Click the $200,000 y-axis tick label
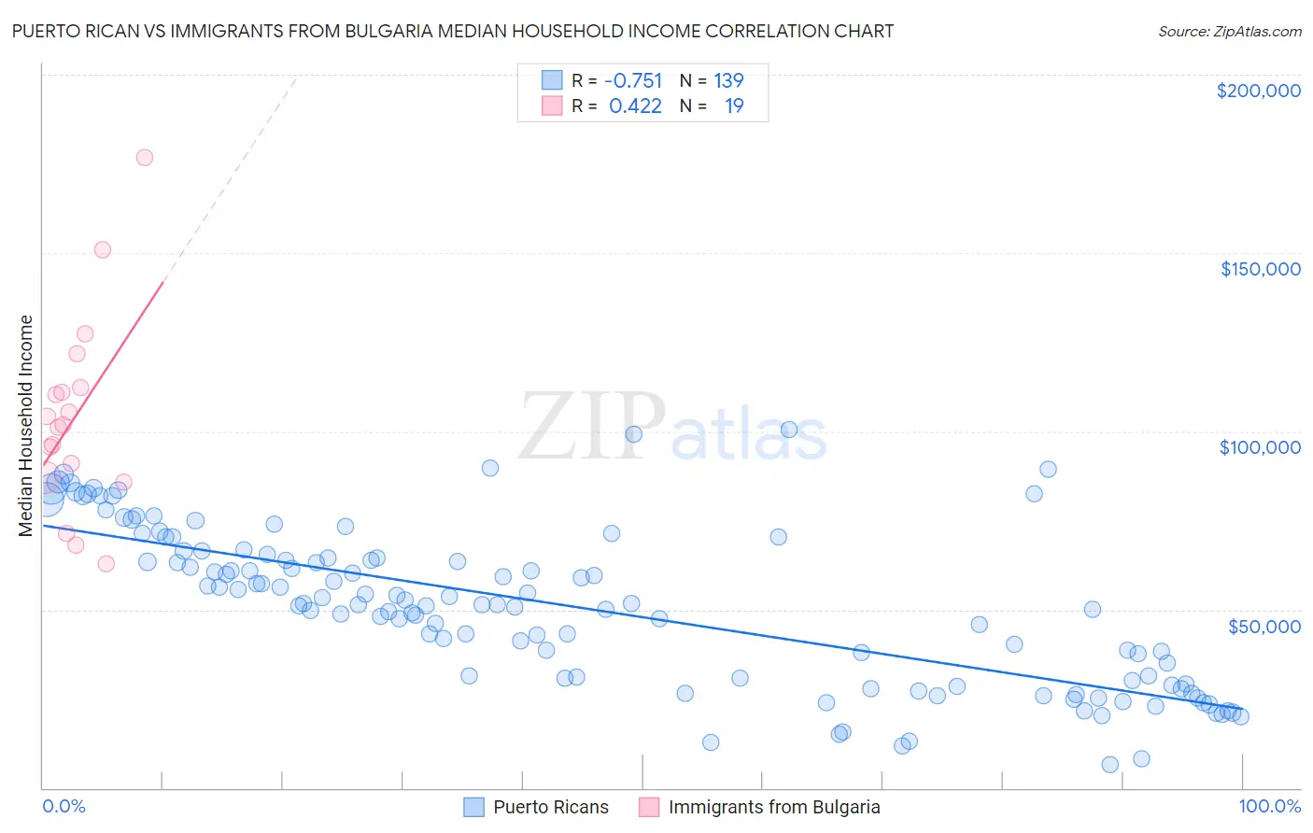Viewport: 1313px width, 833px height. (x=1258, y=91)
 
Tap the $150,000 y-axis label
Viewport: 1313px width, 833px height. (x=1260, y=269)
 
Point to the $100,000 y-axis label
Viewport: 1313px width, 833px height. (x=1260, y=447)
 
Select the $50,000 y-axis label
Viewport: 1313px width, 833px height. (x=1264, y=626)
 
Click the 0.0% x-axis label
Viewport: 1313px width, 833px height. (x=64, y=806)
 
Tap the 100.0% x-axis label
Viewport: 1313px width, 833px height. (x=1269, y=806)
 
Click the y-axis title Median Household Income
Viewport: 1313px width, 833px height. (x=26, y=426)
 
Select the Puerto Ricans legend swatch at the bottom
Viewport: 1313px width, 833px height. (x=474, y=807)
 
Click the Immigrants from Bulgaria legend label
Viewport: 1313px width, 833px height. (x=774, y=807)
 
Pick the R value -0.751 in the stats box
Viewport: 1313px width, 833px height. (x=633, y=80)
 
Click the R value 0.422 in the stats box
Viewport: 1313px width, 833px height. (x=635, y=106)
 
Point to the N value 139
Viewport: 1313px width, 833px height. (x=728, y=80)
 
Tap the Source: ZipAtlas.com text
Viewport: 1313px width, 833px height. (x=1229, y=32)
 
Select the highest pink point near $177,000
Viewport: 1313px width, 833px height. (x=144, y=157)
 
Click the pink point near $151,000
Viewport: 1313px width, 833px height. (x=103, y=249)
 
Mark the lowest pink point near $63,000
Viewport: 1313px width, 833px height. (x=106, y=563)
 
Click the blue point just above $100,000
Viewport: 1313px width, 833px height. (x=788, y=430)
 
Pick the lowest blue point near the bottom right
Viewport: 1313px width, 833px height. (x=1109, y=764)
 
